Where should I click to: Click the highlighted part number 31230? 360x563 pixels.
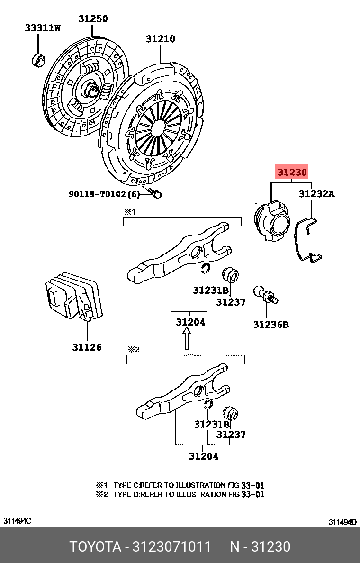[292, 173]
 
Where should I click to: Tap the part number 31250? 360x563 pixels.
[93, 19]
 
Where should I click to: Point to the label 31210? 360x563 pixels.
[160, 39]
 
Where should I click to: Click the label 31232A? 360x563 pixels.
[316, 194]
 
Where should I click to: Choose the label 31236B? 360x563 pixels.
[270, 325]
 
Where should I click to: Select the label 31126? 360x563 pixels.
[87, 347]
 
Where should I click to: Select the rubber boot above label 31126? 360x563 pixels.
[73, 297]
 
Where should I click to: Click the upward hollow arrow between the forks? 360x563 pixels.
[187, 339]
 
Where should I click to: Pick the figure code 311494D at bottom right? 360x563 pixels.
[342, 522]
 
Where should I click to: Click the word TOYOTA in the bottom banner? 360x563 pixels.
[95, 547]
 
